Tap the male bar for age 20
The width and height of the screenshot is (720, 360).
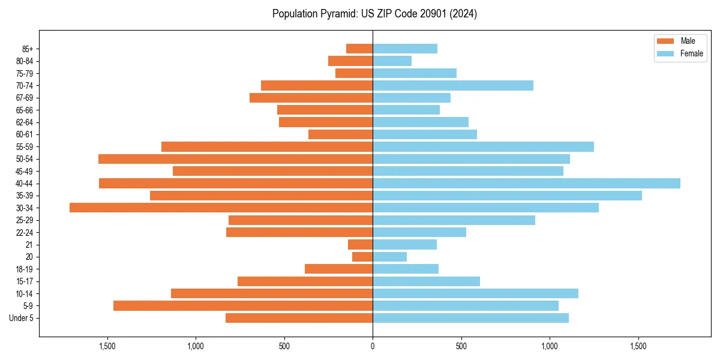click(362, 257)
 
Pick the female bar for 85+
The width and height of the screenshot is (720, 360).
click(405, 49)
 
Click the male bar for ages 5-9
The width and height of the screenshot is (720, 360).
click(243, 305)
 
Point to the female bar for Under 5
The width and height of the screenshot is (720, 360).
click(470, 318)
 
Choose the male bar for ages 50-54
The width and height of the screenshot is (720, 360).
click(235, 159)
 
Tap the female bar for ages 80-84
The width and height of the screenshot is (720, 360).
click(392, 61)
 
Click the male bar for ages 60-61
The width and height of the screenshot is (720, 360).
click(340, 134)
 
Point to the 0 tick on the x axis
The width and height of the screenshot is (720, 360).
click(373, 346)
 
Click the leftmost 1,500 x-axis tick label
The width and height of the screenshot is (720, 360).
click(107, 346)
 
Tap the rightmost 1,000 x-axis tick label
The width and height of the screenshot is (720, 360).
click(550, 346)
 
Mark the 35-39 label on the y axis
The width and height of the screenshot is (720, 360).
click(25, 196)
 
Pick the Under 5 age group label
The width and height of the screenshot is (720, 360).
click(22, 318)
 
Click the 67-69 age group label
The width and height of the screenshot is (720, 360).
click(25, 98)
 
